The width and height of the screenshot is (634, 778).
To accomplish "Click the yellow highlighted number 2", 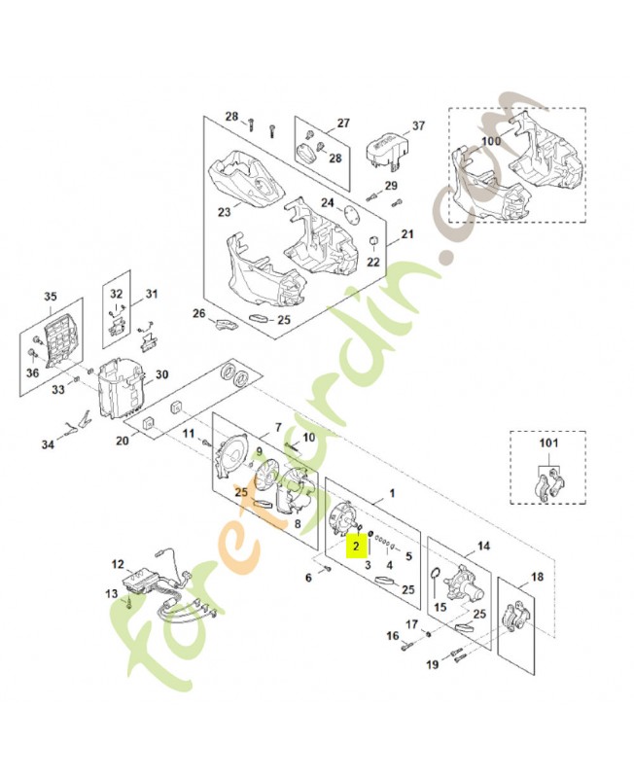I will click(x=357, y=546).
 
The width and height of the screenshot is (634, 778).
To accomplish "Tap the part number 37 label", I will click(x=419, y=126).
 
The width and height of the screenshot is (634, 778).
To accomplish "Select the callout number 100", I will click(x=490, y=142).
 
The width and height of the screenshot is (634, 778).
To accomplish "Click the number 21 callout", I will click(x=407, y=234).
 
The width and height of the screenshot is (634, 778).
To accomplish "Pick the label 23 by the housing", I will click(x=224, y=211).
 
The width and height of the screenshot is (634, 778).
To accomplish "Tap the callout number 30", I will click(x=162, y=374).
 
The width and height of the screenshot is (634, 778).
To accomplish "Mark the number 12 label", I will click(x=118, y=564).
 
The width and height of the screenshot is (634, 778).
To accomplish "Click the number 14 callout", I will click(x=482, y=547).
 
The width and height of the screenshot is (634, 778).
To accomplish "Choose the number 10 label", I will click(x=309, y=438).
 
